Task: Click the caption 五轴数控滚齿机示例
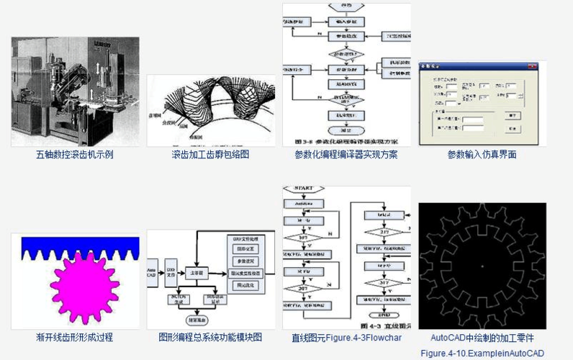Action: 75,154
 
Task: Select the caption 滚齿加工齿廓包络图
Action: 210,154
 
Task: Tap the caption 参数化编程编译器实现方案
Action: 346,154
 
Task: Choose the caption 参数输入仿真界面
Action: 482,154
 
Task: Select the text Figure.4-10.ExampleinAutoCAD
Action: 482,353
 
